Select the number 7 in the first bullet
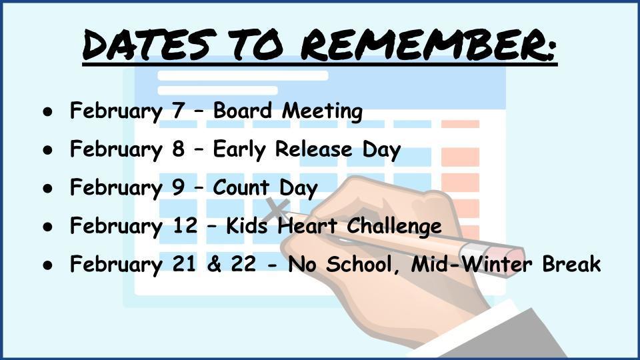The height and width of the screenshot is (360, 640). tap(179, 110)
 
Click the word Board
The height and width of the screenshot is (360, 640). tap(243, 110)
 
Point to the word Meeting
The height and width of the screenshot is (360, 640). tap(323, 111)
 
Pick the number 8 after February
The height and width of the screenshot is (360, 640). tap(179, 149)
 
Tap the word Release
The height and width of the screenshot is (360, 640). tap(313, 149)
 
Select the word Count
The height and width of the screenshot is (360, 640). tap(241, 187)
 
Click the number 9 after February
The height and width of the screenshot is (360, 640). tap(179, 187)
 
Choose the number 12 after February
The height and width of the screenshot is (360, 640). tap(185, 225)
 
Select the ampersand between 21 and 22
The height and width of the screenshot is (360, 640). tap(214, 264)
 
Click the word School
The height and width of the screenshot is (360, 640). tap(359, 264)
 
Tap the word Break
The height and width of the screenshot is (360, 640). tap(571, 264)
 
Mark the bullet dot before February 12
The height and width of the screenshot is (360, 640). tap(48, 227)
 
